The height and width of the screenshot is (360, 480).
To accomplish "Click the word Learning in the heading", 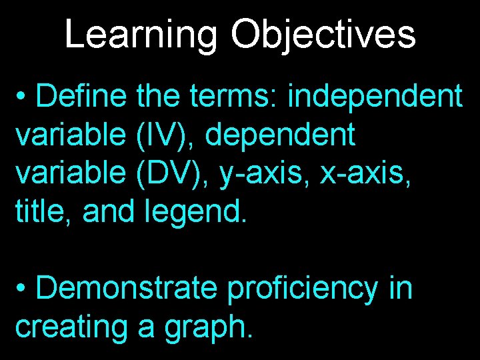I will point(141,35).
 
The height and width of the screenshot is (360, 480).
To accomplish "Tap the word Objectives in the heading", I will point(323,35).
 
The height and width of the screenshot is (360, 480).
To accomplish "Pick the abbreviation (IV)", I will point(160,135).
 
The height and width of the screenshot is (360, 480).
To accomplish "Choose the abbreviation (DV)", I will point(167,174).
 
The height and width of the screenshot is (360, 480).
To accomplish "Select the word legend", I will point(195,213).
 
